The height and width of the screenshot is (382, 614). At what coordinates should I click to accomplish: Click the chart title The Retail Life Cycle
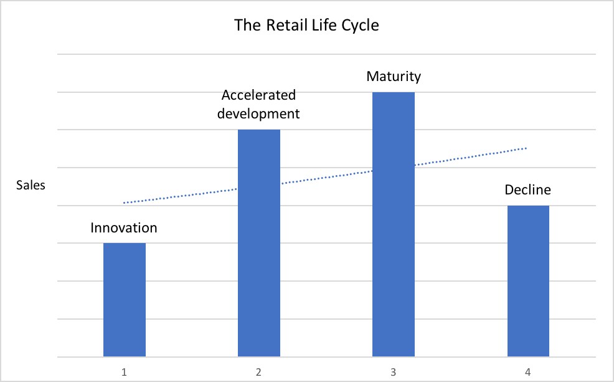pyautogui.click(x=306, y=26)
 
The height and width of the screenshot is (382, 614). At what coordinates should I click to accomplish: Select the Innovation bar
pyautogui.click(x=125, y=299)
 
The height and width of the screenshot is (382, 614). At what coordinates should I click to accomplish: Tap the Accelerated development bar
pyautogui.click(x=259, y=243)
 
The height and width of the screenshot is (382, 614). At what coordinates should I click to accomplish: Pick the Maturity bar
pyautogui.click(x=394, y=224)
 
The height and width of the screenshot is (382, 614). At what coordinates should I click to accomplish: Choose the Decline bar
pyautogui.click(x=528, y=280)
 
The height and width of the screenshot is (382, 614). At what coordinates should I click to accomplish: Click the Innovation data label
pyautogui.click(x=124, y=227)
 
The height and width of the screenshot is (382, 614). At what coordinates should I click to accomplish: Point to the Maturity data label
pyautogui.click(x=394, y=77)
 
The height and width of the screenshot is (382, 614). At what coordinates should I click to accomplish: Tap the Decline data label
pyautogui.click(x=528, y=189)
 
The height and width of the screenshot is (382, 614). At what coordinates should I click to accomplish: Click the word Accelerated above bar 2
pyautogui.click(x=259, y=96)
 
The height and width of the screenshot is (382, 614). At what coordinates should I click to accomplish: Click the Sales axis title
pyautogui.click(x=31, y=185)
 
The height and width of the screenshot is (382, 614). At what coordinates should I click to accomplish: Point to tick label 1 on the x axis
pyautogui.click(x=125, y=372)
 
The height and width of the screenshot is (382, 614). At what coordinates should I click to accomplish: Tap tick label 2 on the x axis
pyautogui.click(x=259, y=372)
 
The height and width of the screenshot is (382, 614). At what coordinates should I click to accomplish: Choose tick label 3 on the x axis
pyautogui.click(x=394, y=372)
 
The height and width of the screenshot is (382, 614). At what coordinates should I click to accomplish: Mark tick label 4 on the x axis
pyautogui.click(x=528, y=372)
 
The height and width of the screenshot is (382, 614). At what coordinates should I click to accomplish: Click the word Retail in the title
pyautogui.click(x=280, y=26)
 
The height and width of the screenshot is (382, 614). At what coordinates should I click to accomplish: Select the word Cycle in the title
pyautogui.click(x=359, y=26)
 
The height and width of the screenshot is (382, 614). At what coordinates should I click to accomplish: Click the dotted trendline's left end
pyautogui.click(x=124, y=203)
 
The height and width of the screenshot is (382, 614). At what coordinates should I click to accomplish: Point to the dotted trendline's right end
pyautogui.click(x=527, y=148)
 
